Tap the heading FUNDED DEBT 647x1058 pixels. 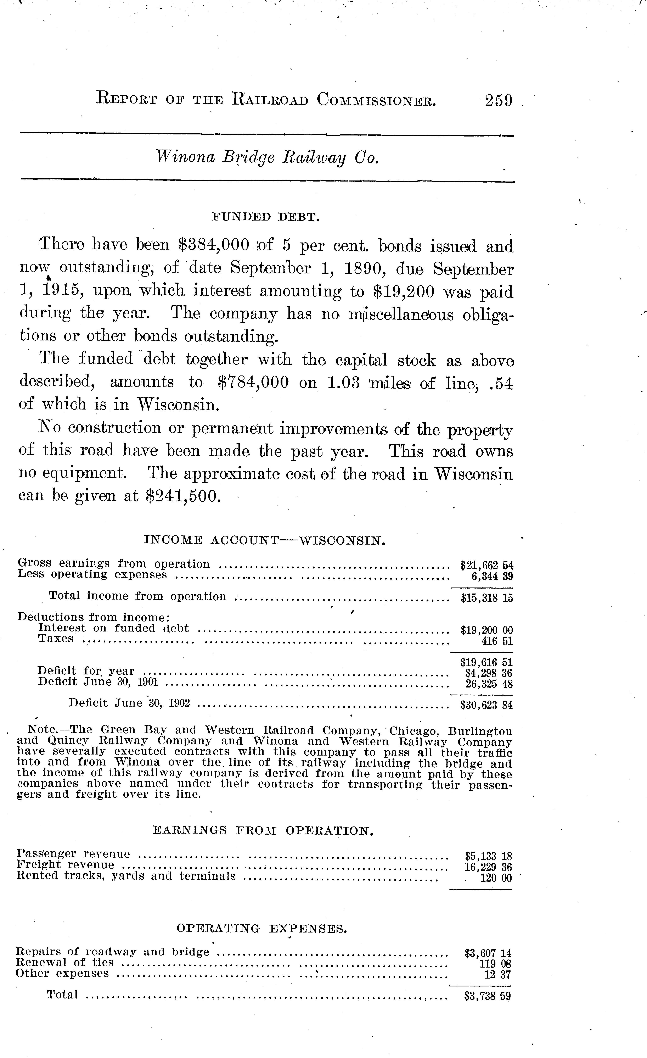point(266,217)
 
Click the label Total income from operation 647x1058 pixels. point(137,596)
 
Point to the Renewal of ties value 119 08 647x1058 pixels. point(495,963)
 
